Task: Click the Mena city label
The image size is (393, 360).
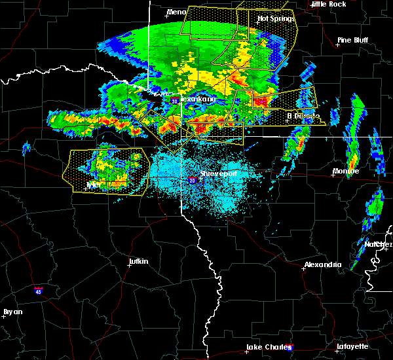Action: click(x=176, y=12)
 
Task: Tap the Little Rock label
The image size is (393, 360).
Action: click(x=328, y=4)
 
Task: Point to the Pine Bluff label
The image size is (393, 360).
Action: click(x=352, y=40)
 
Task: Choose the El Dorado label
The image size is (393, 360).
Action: click(x=303, y=116)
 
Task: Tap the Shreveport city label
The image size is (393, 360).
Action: click(x=218, y=174)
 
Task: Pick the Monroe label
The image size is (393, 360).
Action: click(x=346, y=171)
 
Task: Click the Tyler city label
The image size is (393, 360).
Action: click(x=95, y=185)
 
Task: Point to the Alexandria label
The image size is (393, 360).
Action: click(x=322, y=264)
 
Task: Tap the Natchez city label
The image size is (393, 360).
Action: click(x=378, y=244)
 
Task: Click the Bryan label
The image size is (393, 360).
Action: click(x=12, y=312)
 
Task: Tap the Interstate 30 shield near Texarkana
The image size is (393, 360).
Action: click(x=174, y=101)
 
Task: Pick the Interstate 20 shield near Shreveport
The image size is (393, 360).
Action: click(x=192, y=179)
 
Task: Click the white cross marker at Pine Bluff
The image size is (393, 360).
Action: click(x=338, y=45)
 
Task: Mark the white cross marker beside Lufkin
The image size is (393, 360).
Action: click(x=128, y=267)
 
